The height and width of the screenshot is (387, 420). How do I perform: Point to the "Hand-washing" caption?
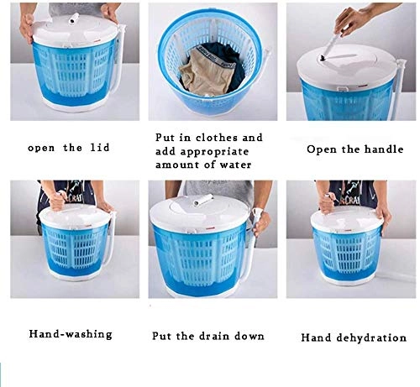71,333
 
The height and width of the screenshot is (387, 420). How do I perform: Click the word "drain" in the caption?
215,335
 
